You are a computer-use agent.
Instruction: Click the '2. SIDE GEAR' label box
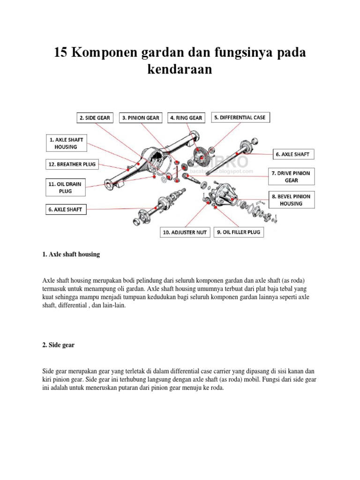click(x=95, y=118)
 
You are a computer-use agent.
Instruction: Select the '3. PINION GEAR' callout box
click(x=141, y=118)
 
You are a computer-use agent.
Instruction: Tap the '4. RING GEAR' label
click(x=186, y=118)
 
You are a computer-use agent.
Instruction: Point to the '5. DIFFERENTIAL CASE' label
click(x=240, y=117)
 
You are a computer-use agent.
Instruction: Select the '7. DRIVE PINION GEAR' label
click(x=291, y=176)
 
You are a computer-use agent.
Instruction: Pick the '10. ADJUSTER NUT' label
click(x=185, y=232)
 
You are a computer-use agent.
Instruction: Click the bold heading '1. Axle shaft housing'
click(x=71, y=255)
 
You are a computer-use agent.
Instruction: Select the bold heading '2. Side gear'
click(x=58, y=345)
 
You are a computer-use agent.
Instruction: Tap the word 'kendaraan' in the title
click(x=180, y=69)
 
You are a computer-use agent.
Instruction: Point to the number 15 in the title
click(x=61, y=52)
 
